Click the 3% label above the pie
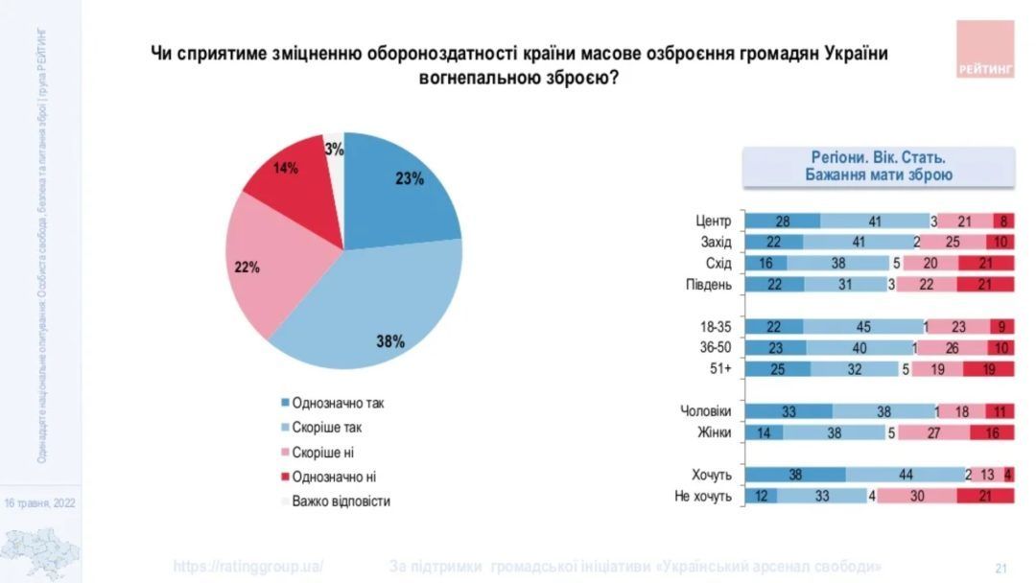click(334, 149)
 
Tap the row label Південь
click(710, 285)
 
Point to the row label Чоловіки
click(705, 411)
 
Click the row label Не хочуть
click(706, 496)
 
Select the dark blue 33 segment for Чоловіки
click(789, 411)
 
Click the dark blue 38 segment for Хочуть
click(795, 475)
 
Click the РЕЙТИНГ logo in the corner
click(985, 49)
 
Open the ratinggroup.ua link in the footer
click(248, 566)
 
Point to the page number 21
click(1001, 567)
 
